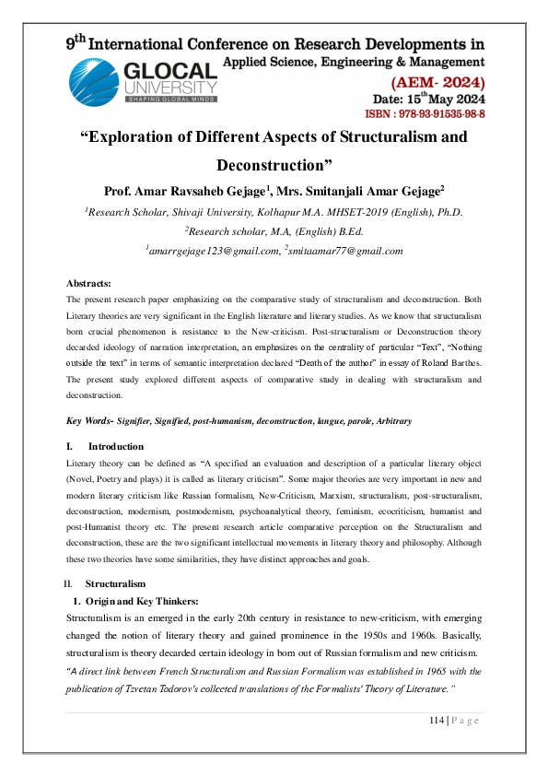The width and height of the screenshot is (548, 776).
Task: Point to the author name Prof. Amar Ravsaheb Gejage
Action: click(x=185, y=191)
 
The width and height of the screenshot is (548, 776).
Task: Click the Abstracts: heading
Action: click(x=89, y=284)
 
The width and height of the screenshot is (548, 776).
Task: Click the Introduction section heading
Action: click(x=116, y=446)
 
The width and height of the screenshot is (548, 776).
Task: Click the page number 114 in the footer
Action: click(x=437, y=721)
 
